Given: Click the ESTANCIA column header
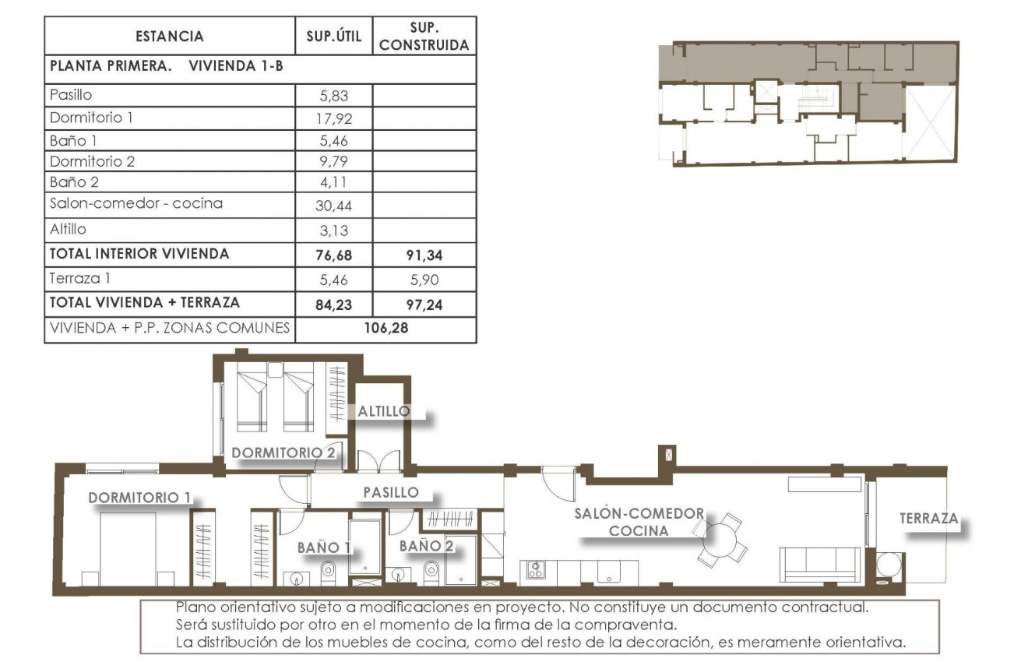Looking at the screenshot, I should (169, 36).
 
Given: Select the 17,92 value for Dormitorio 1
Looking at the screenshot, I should (333, 119).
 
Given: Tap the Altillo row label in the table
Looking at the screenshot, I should (68, 230).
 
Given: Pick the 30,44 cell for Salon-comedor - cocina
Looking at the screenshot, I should (333, 205).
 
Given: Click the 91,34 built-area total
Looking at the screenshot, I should (424, 254).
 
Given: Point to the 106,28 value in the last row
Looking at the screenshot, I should (385, 328).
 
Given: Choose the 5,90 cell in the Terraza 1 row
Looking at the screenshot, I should (424, 278).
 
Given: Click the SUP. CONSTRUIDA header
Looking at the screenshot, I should (424, 37).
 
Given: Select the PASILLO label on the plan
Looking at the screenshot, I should (391, 492).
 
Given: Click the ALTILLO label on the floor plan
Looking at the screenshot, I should (383, 411).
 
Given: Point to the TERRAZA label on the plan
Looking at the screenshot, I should (928, 518).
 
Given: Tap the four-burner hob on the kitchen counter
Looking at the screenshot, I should (535, 570).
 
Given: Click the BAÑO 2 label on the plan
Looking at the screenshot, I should (426, 547).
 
